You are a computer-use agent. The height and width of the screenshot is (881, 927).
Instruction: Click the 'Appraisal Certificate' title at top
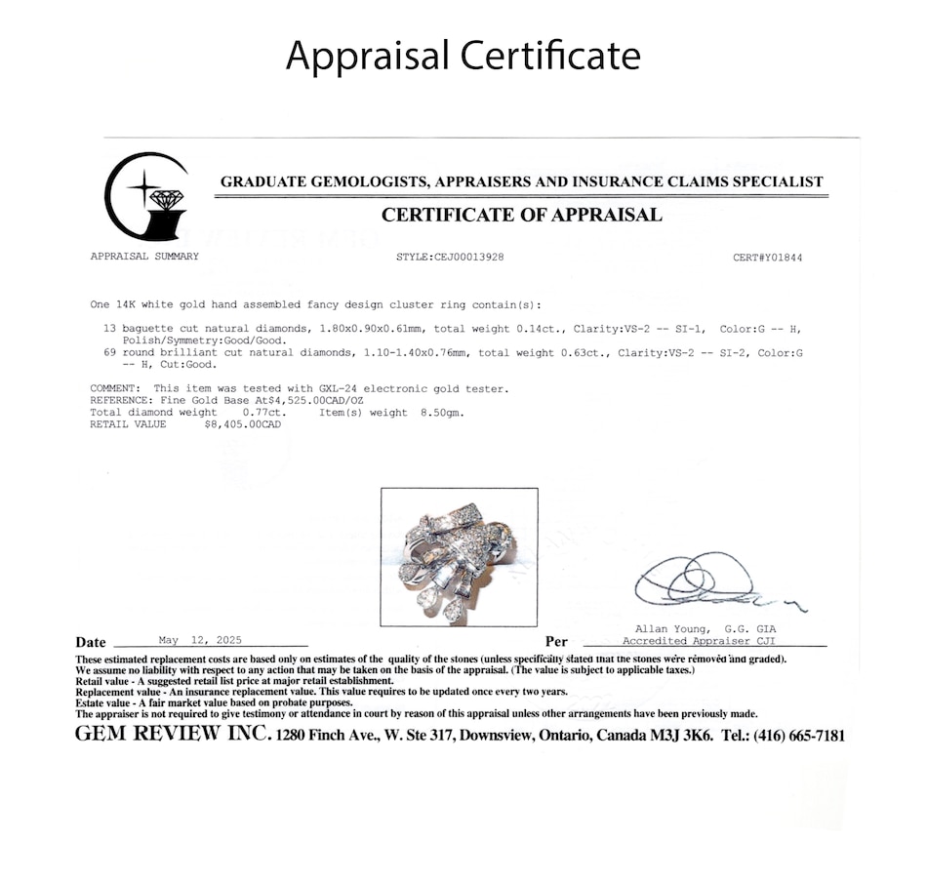(463, 56)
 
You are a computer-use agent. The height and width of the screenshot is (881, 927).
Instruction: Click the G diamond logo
(147, 197)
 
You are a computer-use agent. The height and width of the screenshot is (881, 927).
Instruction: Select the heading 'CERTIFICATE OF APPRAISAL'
(521, 215)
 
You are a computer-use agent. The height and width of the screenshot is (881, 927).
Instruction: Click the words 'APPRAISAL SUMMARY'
(144, 257)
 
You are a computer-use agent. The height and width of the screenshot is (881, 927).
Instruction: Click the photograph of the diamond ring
(459, 557)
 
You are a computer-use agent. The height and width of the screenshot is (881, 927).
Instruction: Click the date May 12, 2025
(199, 641)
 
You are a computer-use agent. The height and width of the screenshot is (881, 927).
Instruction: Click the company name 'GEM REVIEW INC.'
(172, 735)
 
